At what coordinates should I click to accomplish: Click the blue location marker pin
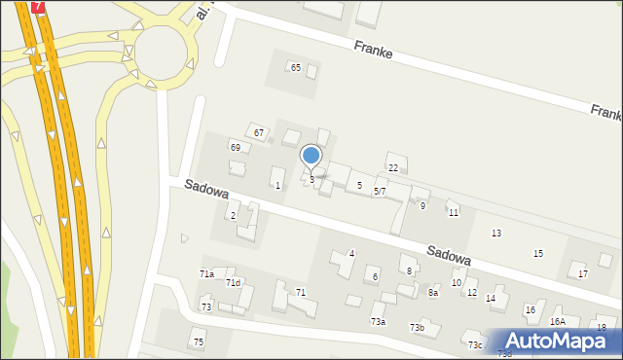(x=311, y=156)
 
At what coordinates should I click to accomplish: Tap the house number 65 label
(x=295, y=67)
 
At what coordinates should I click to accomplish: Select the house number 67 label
(x=258, y=132)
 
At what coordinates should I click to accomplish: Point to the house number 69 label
(x=235, y=146)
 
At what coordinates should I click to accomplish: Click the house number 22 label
(x=393, y=168)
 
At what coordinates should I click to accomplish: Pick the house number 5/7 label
(x=381, y=192)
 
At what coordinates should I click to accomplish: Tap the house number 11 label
(x=454, y=212)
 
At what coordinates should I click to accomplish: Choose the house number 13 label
(x=496, y=234)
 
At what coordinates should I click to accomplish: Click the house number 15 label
(x=538, y=254)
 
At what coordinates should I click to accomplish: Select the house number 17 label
(x=583, y=274)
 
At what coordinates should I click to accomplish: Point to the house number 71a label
(x=206, y=274)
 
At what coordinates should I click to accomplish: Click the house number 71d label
(x=233, y=283)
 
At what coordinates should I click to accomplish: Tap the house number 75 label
(x=199, y=342)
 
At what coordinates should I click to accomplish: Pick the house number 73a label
(x=378, y=321)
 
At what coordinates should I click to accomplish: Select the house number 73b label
(x=417, y=328)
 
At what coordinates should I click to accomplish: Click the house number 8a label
(x=433, y=292)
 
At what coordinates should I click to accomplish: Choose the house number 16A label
(x=558, y=321)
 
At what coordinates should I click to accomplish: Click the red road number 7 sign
(x=37, y=6)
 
